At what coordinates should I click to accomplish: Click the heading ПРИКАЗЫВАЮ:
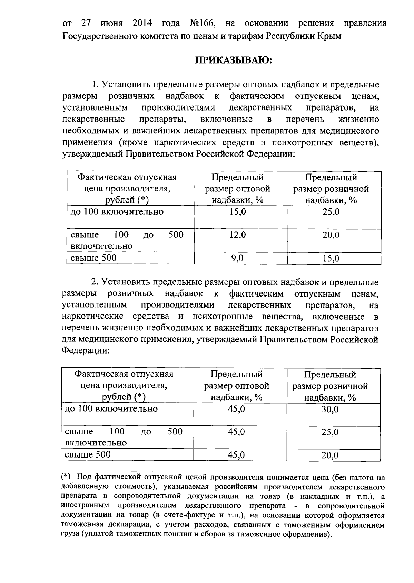coord(234,60)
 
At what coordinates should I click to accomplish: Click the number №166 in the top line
coord(203,23)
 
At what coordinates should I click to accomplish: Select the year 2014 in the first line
coord(142,23)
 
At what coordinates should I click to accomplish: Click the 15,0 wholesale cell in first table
coord(238,212)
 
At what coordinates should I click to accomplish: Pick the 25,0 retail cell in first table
coord(331,212)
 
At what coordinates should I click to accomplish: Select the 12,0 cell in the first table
coord(238,235)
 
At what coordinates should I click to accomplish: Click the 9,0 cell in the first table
coord(237,258)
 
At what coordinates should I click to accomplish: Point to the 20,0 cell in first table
coord(331,235)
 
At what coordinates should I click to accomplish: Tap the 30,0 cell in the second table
coord(330,409)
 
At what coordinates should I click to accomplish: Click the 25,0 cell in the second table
coord(330,432)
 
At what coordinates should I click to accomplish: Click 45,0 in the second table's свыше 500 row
coord(237,455)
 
